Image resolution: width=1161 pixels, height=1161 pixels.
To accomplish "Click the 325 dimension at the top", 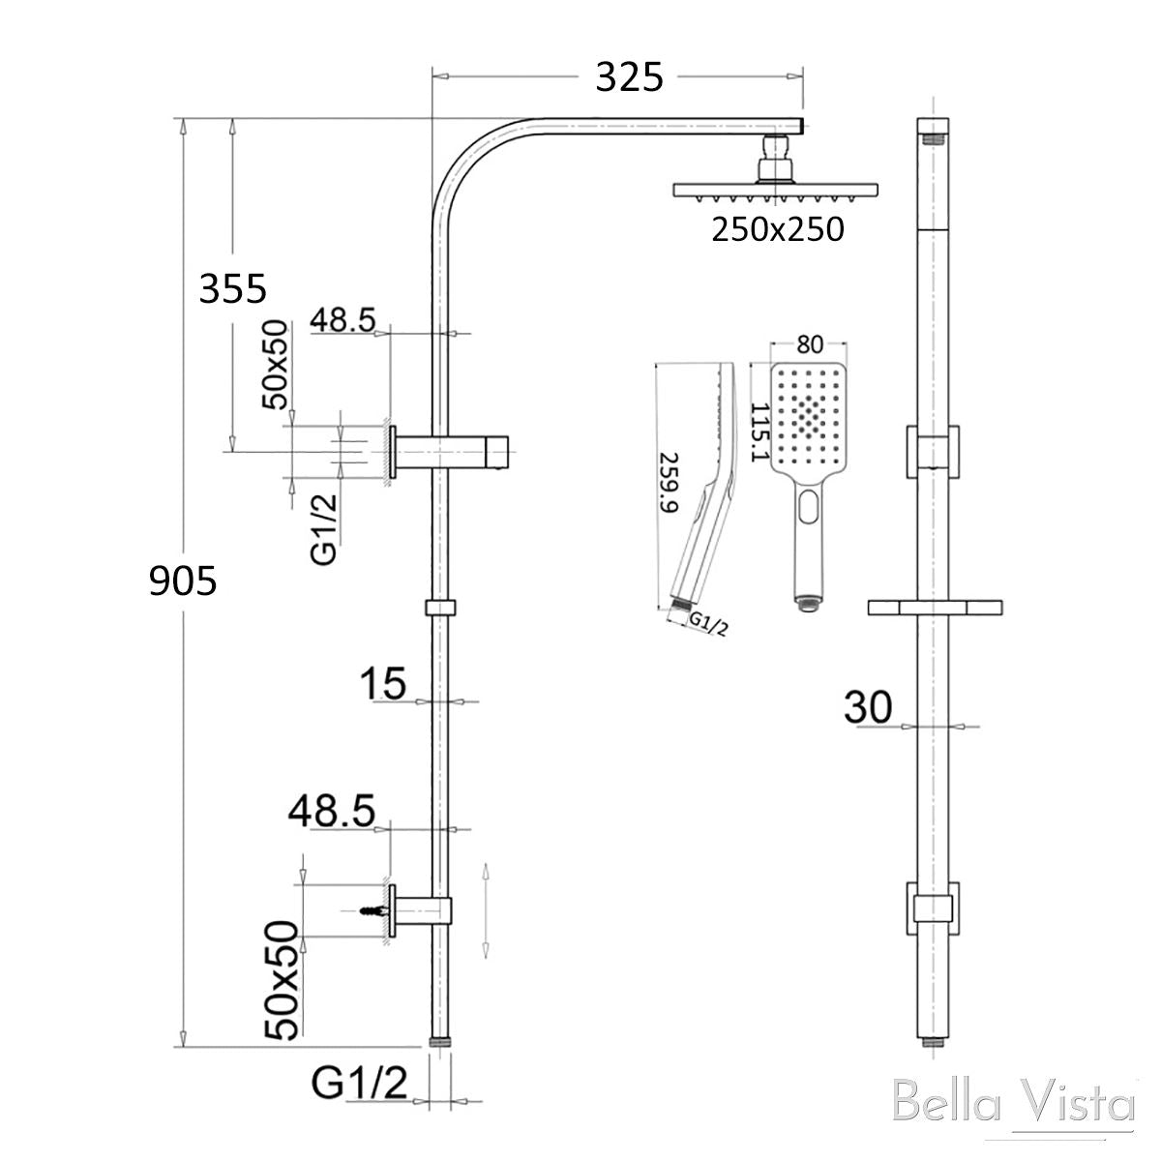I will (629, 76).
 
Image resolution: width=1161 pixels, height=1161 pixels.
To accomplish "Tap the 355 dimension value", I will (232, 288).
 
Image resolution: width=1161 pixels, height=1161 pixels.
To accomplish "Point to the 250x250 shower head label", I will (778, 229).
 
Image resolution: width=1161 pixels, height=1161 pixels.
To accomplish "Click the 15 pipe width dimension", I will (383, 684).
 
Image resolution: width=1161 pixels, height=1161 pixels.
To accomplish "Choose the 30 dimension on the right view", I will (868, 707).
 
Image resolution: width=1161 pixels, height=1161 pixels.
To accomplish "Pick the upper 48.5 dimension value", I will (342, 320).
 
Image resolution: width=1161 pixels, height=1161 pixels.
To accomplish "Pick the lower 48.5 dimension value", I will (331, 812).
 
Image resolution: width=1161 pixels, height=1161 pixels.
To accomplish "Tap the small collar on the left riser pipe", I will (439, 608).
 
